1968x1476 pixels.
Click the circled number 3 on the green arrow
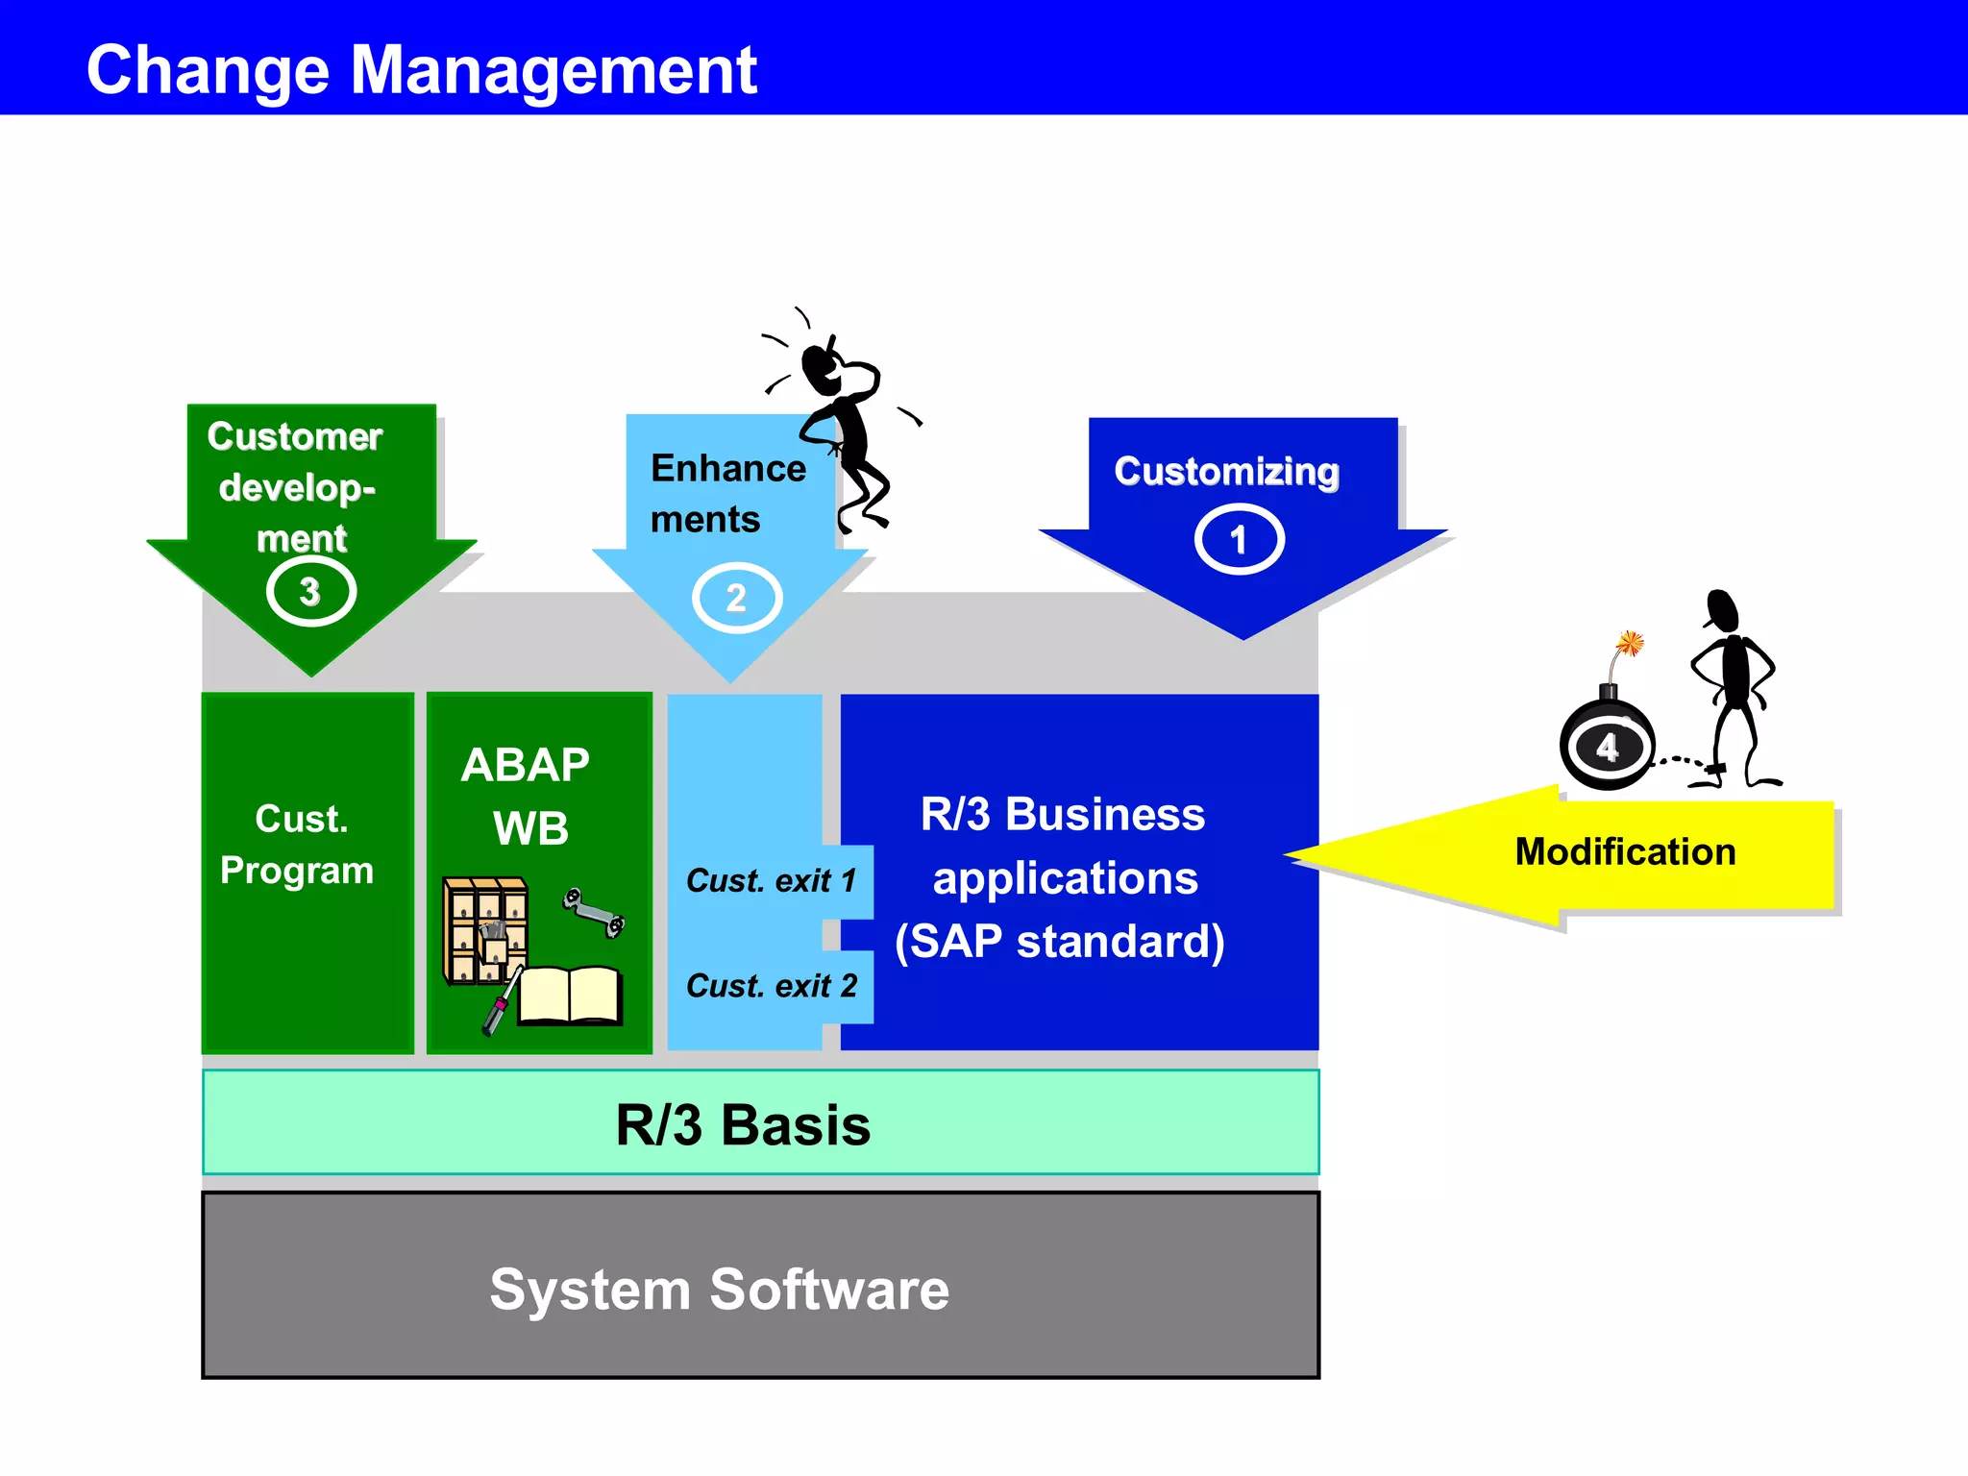(310, 592)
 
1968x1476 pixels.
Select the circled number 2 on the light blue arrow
(736, 598)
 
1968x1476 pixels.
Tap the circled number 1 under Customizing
(1239, 540)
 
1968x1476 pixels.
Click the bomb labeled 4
(1608, 746)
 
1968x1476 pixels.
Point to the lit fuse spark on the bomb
(1630, 642)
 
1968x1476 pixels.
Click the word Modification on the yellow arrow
(1625, 851)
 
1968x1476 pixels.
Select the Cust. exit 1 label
(771, 880)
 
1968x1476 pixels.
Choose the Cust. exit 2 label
(771, 986)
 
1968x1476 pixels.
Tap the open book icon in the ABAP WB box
(571, 996)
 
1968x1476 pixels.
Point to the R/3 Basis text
(743, 1124)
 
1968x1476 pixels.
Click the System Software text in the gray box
(719, 1289)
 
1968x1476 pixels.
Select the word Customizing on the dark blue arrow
(1226, 472)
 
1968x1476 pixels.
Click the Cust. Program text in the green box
(297, 845)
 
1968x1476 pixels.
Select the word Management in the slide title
(553, 70)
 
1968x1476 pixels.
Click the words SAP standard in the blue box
(1060, 941)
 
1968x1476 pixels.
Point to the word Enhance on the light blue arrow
(728, 468)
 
